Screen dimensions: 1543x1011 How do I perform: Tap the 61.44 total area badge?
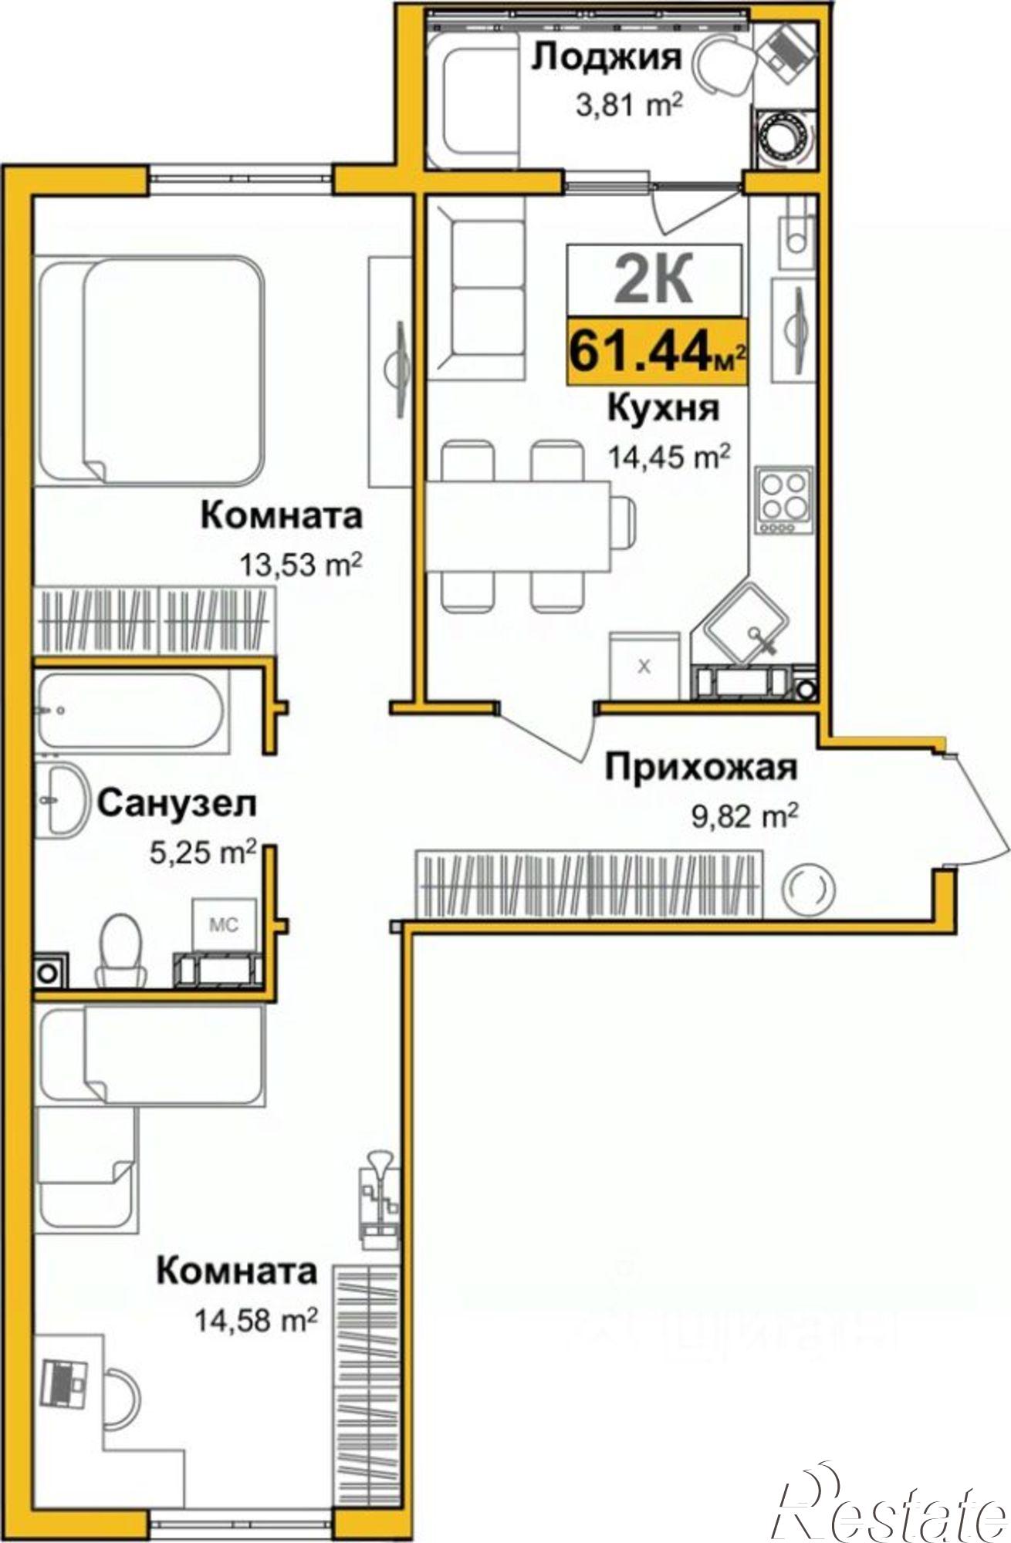[x=657, y=352]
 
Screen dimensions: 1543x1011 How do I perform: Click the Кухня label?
[x=663, y=408]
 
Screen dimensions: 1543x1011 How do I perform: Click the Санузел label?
[x=177, y=805]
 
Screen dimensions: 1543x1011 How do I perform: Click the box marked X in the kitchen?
[x=644, y=666]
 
